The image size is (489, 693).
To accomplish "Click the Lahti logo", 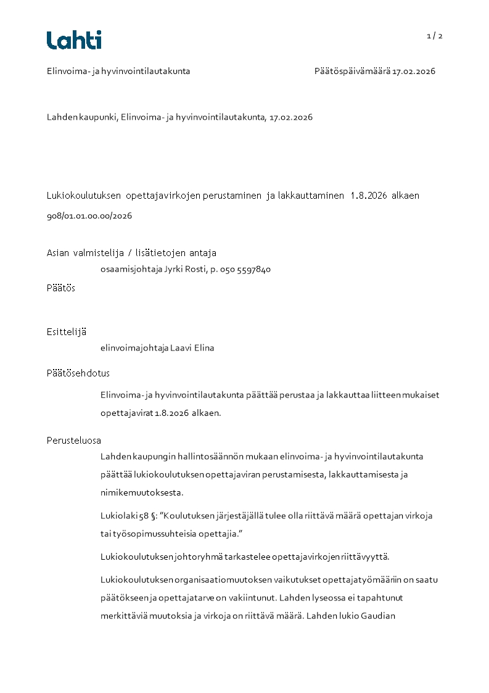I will pyautogui.click(x=74, y=40).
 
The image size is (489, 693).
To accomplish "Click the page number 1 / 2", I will pyautogui.click(x=435, y=36).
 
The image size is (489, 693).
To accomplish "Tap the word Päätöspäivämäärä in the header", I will pyautogui.click(x=351, y=72).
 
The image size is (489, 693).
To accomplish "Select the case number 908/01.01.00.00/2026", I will pyautogui.click(x=89, y=217).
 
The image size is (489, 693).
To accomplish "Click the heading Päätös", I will pyautogui.click(x=61, y=288).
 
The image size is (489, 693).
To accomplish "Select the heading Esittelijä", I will pyautogui.click(x=66, y=332).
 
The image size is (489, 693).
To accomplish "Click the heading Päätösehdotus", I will pyautogui.click(x=78, y=373).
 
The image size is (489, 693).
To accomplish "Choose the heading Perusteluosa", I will pyautogui.click(x=74, y=441).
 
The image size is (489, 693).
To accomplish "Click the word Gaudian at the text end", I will pyautogui.click(x=377, y=615).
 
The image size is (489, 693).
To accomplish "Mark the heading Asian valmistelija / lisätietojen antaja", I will pyautogui.click(x=131, y=253).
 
